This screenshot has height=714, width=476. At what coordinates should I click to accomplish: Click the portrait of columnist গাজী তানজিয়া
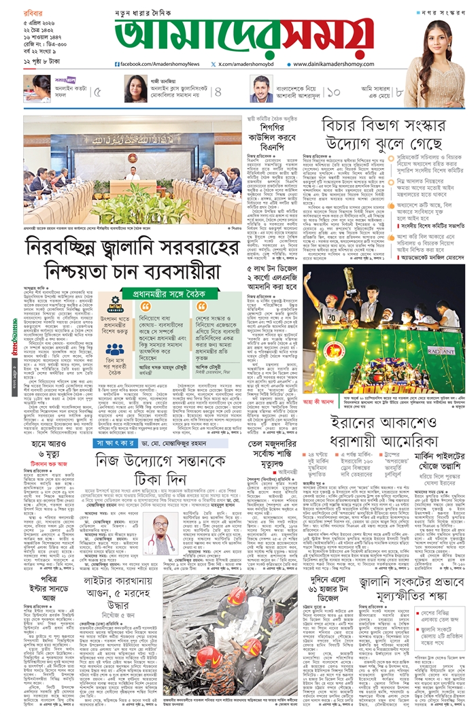[133, 89]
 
